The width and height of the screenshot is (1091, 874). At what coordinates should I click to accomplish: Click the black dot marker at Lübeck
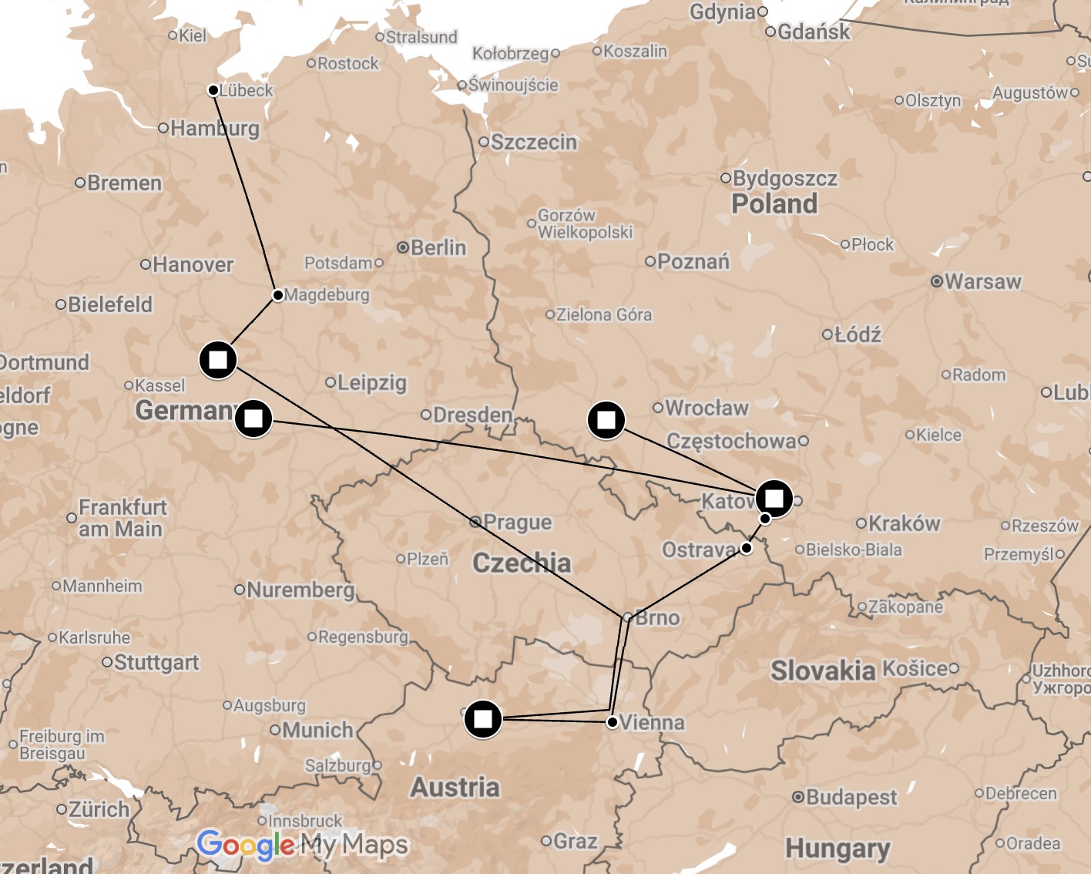(x=213, y=90)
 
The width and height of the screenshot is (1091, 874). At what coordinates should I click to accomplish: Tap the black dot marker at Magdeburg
(x=278, y=295)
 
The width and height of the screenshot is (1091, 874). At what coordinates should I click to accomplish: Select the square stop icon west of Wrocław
(x=606, y=420)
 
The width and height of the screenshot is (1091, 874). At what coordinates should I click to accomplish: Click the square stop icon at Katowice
(x=774, y=498)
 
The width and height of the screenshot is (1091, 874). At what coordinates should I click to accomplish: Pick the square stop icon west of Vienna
(x=483, y=719)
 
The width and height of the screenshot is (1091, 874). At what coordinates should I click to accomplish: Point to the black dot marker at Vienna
(x=612, y=722)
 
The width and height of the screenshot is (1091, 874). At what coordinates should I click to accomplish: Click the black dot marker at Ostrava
(x=746, y=548)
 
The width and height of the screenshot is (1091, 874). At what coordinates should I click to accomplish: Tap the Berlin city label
(x=438, y=247)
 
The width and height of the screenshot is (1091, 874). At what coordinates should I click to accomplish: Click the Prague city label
(x=517, y=523)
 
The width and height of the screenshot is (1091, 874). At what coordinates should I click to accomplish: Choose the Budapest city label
(x=851, y=797)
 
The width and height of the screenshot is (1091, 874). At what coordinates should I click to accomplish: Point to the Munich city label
(x=317, y=730)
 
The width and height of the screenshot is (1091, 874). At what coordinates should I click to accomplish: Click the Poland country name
(x=774, y=203)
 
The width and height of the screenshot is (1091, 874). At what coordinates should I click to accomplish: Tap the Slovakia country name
(x=823, y=671)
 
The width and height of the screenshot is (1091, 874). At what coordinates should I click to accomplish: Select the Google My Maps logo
(x=302, y=845)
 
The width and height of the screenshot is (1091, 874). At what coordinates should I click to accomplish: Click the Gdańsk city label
(x=813, y=32)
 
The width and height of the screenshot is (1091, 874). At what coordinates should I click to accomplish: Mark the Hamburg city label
(x=214, y=128)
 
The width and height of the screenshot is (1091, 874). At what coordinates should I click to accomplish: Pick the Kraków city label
(x=904, y=523)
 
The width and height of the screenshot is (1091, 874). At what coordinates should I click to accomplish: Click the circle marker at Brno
(x=628, y=617)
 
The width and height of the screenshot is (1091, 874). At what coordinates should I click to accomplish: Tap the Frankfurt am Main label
(x=121, y=518)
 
